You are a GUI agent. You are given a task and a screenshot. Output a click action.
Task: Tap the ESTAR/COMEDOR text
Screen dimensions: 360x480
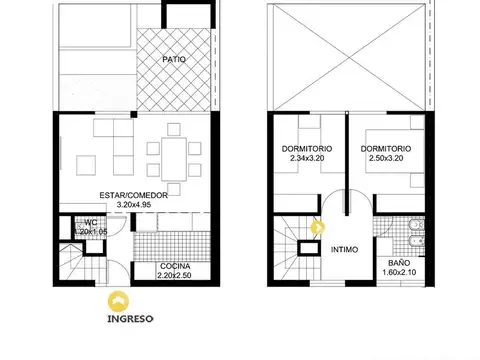[133, 195]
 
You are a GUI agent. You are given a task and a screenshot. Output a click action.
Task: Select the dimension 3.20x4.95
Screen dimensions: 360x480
[133, 206]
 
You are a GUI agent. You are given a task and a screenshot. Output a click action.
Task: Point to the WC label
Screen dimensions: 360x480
[90, 222]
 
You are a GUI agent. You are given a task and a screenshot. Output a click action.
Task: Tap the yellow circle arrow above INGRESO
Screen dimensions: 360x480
[119, 301]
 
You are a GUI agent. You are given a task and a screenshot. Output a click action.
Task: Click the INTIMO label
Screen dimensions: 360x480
[347, 252]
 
